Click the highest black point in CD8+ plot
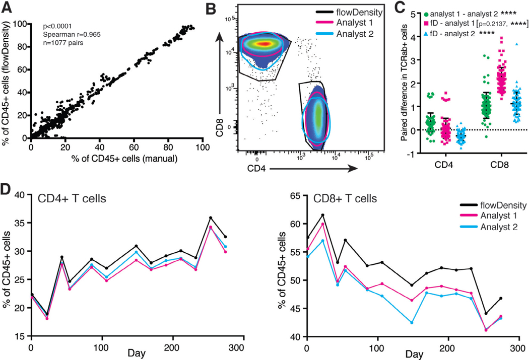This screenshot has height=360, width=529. click(322, 214)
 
